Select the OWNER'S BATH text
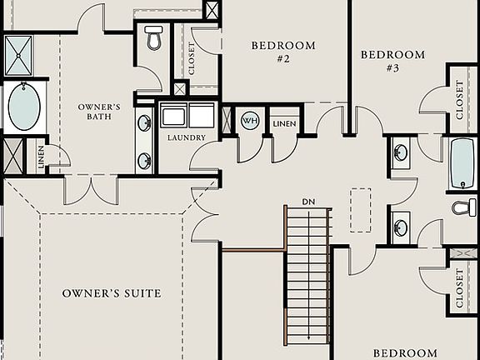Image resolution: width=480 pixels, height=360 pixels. [x=100, y=112]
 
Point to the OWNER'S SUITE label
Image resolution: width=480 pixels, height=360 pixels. [x=112, y=293]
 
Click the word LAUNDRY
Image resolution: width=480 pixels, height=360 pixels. [x=186, y=137]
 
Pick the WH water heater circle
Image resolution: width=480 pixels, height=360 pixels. [x=249, y=121]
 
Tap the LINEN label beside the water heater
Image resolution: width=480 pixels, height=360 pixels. [x=285, y=122]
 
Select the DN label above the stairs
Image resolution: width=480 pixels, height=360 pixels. [x=308, y=202]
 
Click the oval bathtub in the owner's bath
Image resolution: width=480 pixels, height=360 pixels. [x=23, y=107]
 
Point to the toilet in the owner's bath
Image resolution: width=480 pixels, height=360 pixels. [x=153, y=37]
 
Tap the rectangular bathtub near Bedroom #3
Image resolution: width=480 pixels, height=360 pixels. [x=462, y=164]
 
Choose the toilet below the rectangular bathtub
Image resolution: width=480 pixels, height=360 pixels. [x=465, y=207]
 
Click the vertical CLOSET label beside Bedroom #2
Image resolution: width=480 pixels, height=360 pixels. [x=192, y=58]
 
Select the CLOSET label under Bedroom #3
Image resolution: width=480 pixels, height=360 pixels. [x=461, y=98]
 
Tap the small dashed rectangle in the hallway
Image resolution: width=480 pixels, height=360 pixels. [x=361, y=209]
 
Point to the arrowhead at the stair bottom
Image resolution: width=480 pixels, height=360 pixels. [x=308, y=337]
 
